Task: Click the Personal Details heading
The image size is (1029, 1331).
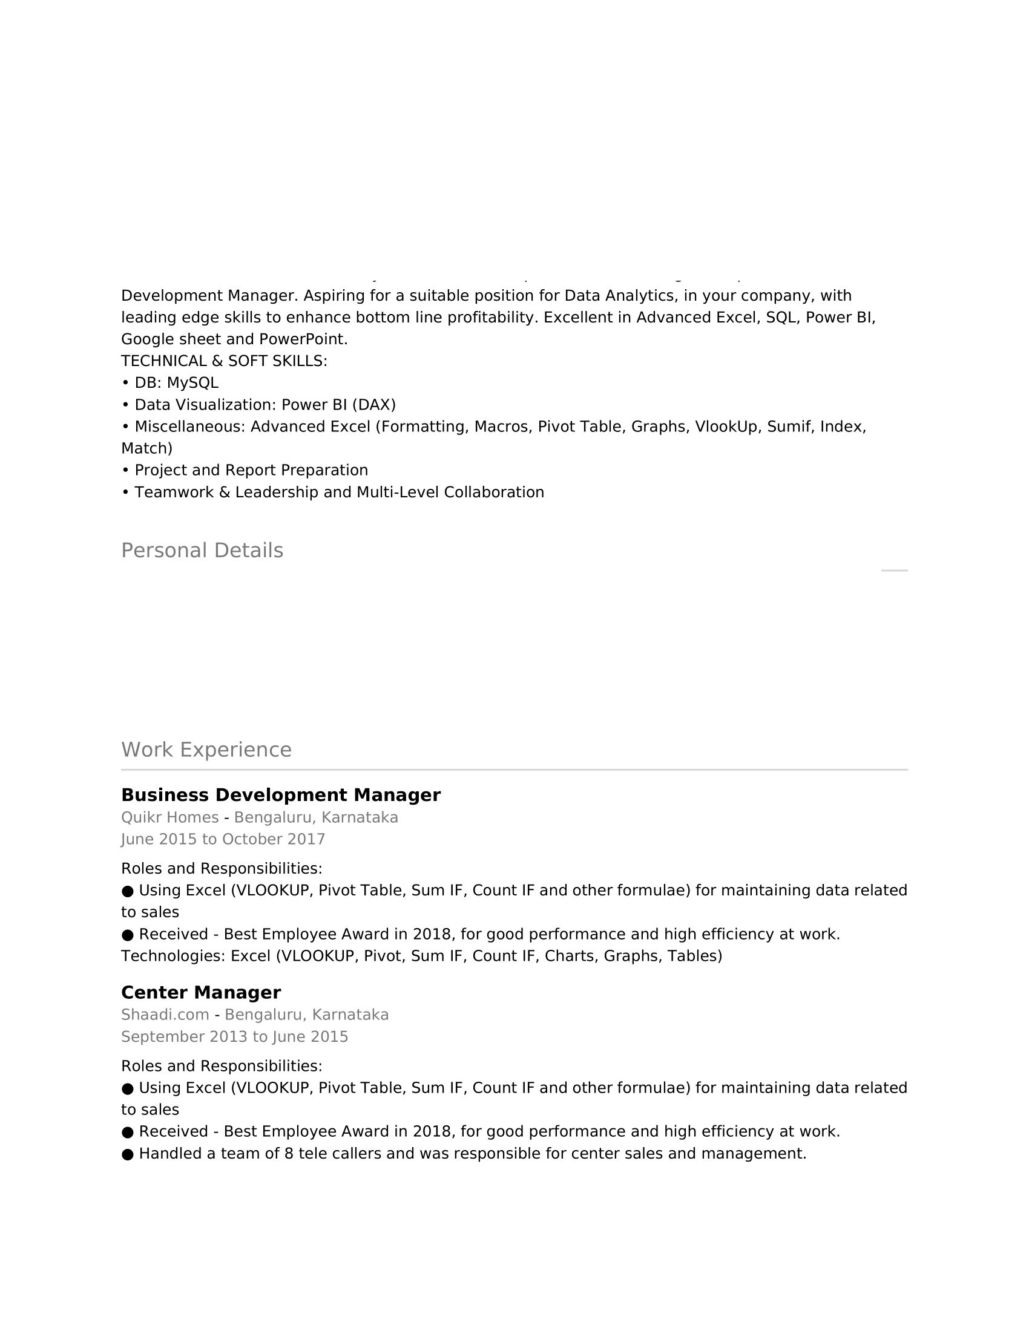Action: pos(202,551)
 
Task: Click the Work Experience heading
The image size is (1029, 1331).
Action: pos(206,750)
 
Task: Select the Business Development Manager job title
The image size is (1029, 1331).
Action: pos(280,796)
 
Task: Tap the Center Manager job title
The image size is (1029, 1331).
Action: pos(200,993)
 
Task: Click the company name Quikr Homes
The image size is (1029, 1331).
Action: pos(169,818)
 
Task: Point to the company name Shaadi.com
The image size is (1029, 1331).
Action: pos(165,1015)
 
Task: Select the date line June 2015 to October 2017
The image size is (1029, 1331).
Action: pos(223,840)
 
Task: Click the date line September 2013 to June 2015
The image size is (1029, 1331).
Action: pos(234,1037)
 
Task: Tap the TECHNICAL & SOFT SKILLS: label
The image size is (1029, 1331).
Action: pos(224,361)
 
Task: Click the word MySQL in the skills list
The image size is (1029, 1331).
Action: pos(192,384)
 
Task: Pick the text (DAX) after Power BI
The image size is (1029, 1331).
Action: pos(373,405)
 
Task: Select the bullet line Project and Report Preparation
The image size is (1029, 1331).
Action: pos(251,471)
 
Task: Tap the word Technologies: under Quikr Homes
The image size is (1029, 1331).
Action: pos(173,956)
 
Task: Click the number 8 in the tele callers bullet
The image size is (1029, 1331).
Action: pos(289,1154)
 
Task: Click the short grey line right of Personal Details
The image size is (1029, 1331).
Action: pos(893,571)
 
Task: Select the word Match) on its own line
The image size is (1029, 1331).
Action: pos(146,448)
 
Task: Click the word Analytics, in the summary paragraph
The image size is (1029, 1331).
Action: pos(641,296)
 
